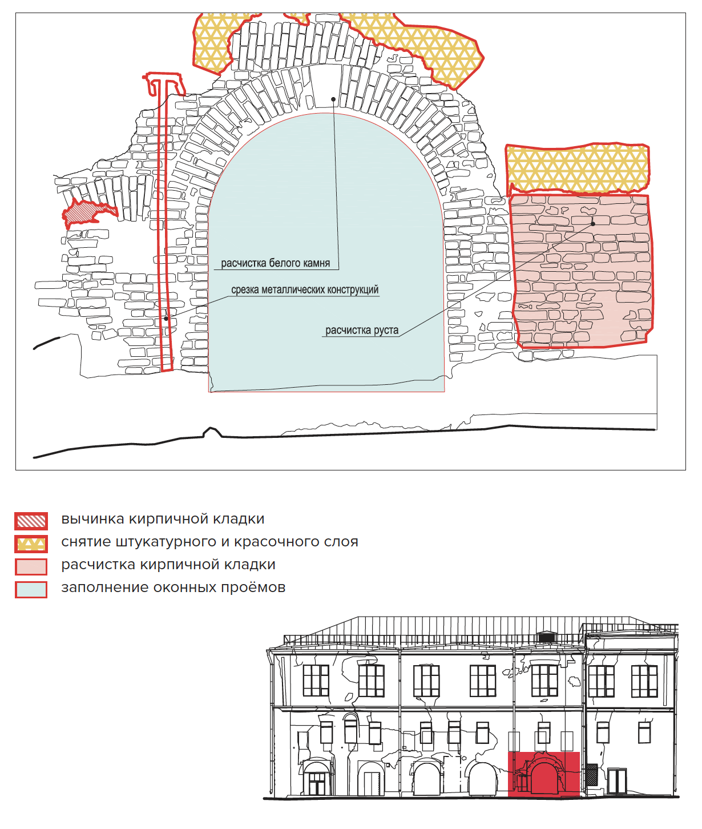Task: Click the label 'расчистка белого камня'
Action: click(x=275, y=263)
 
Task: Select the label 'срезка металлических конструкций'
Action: click(x=305, y=290)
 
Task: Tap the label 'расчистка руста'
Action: click(x=362, y=331)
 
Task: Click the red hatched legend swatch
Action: click(x=31, y=521)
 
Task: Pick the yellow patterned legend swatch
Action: click(x=31, y=544)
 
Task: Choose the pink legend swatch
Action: click(x=31, y=566)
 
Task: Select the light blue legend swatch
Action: click(x=31, y=589)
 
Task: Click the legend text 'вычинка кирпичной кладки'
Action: click(x=163, y=520)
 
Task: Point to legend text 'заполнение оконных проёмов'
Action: click(x=173, y=587)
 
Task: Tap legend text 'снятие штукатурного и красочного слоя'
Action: click(x=209, y=542)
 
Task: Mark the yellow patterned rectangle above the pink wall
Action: click(x=577, y=168)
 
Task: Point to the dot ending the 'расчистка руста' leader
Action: click(x=593, y=224)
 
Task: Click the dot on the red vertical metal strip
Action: click(x=166, y=318)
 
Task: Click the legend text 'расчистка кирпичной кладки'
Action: click(x=168, y=565)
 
